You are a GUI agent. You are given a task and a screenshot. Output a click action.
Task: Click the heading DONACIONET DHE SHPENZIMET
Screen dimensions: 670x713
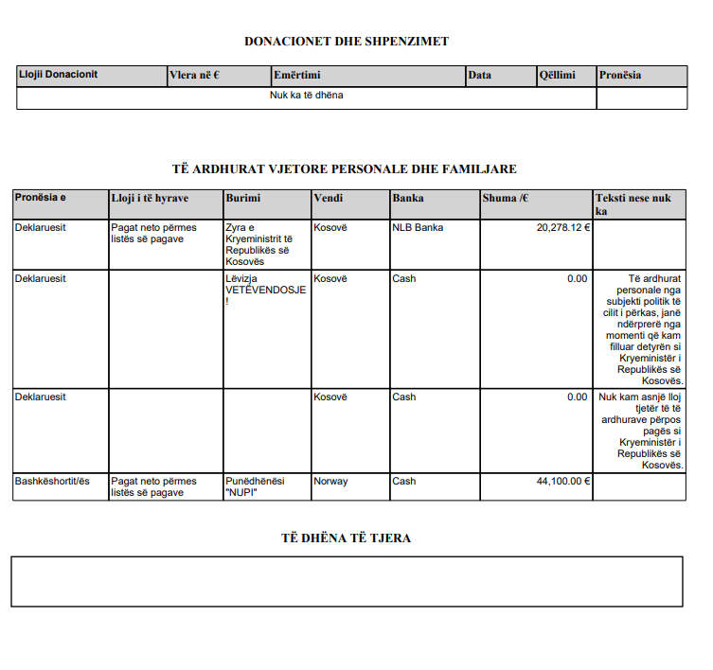pyautogui.click(x=347, y=41)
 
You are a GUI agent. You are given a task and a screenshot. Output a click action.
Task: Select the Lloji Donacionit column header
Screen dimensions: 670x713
pyautogui.click(x=58, y=75)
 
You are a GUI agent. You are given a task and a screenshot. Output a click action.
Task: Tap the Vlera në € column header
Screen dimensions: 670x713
pyautogui.click(x=194, y=75)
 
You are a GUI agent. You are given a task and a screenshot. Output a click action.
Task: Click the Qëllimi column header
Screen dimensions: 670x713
pyautogui.click(x=557, y=75)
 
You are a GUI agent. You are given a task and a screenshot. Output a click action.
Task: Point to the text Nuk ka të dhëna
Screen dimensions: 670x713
pyautogui.click(x=306, y=96)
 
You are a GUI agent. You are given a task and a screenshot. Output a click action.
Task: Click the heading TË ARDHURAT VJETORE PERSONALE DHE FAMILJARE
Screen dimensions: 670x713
pyautogui.click(x=345, y=168)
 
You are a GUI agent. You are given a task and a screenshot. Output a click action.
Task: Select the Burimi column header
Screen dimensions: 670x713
pyautogui.click(x=242, y=199)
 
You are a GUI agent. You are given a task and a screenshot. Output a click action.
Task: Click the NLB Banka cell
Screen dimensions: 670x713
pyautogui.click(x=418, y=227)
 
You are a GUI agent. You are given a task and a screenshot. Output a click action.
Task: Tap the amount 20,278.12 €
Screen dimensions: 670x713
pyautogui.click(x=563, y=227)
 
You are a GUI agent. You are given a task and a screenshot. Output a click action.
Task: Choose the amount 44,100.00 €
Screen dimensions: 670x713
pyautogui.click(x=563, y=481)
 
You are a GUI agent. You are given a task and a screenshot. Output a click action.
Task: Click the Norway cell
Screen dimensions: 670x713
pyautogui.click(x=330, y=481)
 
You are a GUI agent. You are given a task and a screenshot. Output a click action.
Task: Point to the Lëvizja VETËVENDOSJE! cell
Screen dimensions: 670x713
pyautogui.click(x=265, y=290)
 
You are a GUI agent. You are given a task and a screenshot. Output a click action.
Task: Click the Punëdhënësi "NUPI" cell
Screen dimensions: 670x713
pyautogui.click(x=255, y=486)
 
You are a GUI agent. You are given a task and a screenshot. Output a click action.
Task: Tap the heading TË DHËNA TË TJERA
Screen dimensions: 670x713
pyautogui.click(x=346, y=538)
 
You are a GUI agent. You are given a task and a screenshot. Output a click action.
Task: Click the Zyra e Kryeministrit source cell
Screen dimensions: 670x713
pyautogui.click(x=258, y=244)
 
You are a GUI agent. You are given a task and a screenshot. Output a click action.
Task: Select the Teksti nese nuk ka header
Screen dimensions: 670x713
pyautogui.click(x=633, y=204)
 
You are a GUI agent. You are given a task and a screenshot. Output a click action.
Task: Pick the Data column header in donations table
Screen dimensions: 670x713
pyautogui.click(x=479, y=75)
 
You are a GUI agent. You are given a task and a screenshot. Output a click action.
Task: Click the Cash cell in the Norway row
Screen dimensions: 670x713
pyautogui.click(x=404, y=481)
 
